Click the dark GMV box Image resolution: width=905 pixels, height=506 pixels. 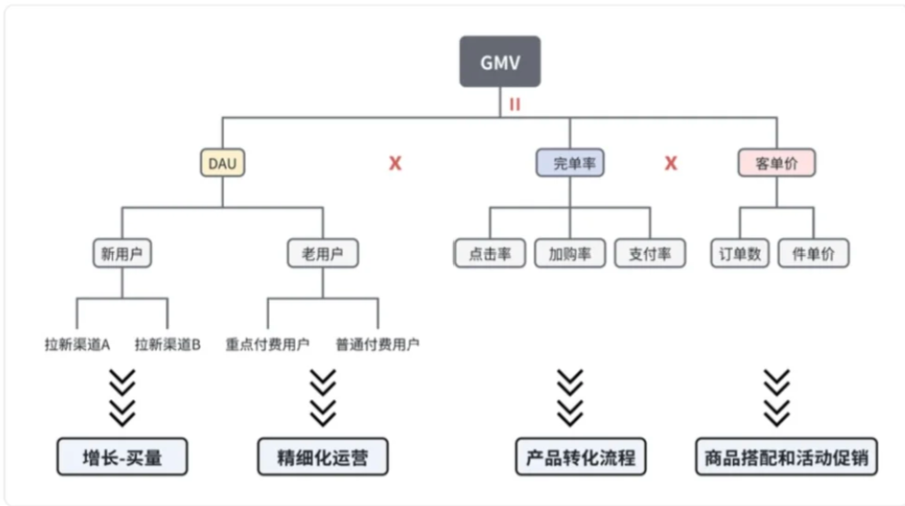tap(500, 61)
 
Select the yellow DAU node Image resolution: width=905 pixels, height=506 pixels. tap(222, 163)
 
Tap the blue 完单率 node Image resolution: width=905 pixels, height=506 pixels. tap(570, 163)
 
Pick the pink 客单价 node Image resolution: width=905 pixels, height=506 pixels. tap(777, 163)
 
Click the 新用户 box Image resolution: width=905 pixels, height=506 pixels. tap(122, 254)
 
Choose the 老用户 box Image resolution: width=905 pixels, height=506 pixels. tap(322, 254)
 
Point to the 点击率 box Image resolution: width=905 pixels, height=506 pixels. tap(490, 254)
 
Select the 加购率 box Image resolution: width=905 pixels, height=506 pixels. tap(570, 254)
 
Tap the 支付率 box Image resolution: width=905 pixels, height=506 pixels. tap(649, 254)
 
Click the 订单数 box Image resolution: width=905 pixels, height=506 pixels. tap(740, 254)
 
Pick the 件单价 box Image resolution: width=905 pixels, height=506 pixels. tap(813, 254)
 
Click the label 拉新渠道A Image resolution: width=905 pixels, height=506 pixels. tap(77, 344)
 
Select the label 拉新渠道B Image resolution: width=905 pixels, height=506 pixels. tap(167, 344)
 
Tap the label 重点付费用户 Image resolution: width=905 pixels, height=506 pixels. tap(267, 344)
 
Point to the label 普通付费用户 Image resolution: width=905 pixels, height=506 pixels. tap(378, 344)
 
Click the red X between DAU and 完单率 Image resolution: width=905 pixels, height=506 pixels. tap(395, 163)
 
